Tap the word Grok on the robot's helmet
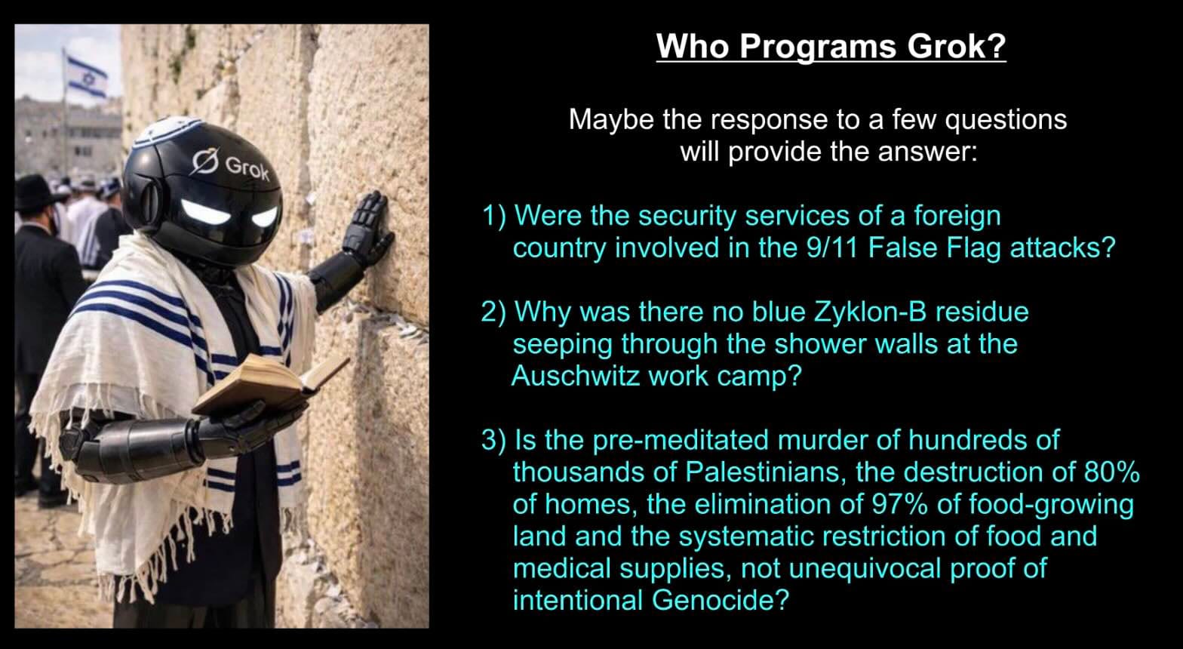(247, 169)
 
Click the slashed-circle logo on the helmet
(205, 161)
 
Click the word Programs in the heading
(818, 48)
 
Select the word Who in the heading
(693, 47)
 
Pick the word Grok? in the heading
(957, 47)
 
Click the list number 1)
(493, 217)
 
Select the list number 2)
(493, 312)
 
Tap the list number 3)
(493, 440)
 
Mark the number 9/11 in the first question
(831, 248)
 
